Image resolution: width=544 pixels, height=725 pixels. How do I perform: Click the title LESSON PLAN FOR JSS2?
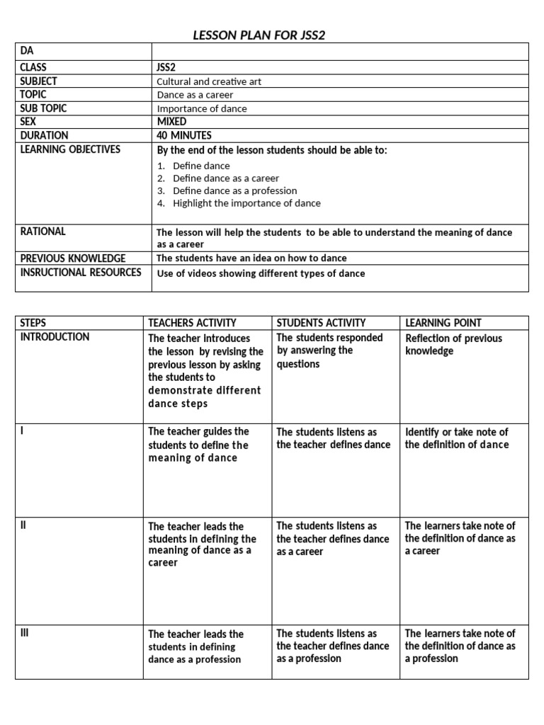[x=259, y=35]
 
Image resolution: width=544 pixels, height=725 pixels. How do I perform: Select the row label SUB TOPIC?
[x=44, y=108]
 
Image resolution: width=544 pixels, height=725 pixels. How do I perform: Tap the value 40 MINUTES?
[x=183, y=135]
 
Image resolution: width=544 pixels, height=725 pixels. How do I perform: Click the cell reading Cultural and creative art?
[x=208, y=81]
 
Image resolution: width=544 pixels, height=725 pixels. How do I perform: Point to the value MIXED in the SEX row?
[x=171, y=122]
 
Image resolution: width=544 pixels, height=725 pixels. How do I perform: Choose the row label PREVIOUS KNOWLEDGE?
[x=73, y=258]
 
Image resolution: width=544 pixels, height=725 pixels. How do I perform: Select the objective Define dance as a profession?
[x=234, y=190]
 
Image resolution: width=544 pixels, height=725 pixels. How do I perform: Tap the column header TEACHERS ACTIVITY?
[x=192, y=323]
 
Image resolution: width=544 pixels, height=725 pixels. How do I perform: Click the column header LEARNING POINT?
[x=443, y=323]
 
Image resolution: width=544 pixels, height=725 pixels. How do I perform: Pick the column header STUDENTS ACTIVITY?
[x=321, y=323]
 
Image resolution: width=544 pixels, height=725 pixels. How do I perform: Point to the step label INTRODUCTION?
[x=55, y=337]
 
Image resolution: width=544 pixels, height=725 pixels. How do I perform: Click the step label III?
[x=26, y=633]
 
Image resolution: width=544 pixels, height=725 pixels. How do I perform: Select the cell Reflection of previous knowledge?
[x=453, y=345]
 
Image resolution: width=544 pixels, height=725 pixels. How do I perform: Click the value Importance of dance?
[x=202, y=108]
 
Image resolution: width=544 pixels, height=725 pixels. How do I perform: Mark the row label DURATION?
[x=45, y=135]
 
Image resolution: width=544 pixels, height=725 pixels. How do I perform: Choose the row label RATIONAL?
[x=43, y=232]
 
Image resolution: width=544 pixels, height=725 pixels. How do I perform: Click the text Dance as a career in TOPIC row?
[x=195, y=95]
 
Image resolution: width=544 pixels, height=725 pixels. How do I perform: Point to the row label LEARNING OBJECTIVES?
[x=70, y=149]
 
